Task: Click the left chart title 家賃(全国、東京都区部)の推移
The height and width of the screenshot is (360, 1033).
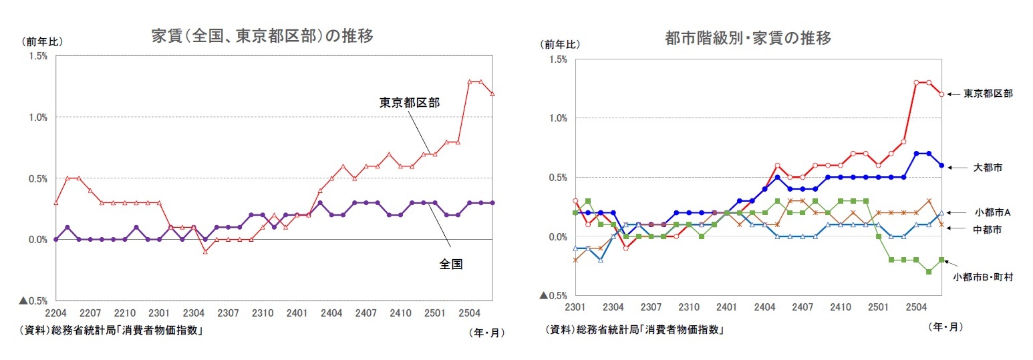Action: click(x=263, y=36)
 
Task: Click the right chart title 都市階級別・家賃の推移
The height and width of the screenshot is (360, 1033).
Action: click(x=748, y=39)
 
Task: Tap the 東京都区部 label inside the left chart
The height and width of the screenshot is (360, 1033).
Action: click(x=409, y=103)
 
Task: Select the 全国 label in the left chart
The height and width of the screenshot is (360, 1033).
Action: click(x=451, y=264)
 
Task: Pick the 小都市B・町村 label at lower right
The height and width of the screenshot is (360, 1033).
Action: click(x=983, y=277)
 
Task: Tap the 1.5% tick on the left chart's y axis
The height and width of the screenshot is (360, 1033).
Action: click(x=37, y=56)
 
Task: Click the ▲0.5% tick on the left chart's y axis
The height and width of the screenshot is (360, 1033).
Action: click(x=33, y=301)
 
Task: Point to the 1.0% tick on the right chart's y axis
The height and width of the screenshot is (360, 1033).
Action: click(x=557, y=118)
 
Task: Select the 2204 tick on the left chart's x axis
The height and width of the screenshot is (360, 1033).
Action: click(x=55, y=313)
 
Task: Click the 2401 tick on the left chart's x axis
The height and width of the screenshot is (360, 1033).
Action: click(x=296, y=313)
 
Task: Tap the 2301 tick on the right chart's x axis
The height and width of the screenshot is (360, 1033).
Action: click(x=575, y=307)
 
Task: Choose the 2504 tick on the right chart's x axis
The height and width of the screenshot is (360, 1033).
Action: click(x=916, y=307)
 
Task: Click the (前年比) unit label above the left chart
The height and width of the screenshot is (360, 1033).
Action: click(x=41, y=41)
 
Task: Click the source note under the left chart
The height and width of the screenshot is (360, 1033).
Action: click(x=112, y=330)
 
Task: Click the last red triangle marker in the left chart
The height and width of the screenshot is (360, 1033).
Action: click(x=492, y=94)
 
